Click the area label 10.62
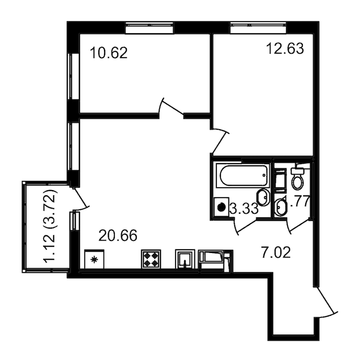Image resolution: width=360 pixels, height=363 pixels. [x=108, y=53]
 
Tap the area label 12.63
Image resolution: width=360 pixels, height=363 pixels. [x=285, y=49]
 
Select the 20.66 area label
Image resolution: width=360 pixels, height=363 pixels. [x=118, y=236]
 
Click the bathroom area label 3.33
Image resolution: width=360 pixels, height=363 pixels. [x=243, y=208]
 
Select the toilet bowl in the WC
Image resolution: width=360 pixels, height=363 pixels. [x=298, y=179]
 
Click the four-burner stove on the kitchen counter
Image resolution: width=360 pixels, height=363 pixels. [x=152, y=259]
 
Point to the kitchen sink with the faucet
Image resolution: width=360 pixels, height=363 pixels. [x=185, y=260]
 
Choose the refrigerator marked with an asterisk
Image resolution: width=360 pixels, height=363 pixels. [x=95, y=260]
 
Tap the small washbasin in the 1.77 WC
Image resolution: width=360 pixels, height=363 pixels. [x=281, y=207]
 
